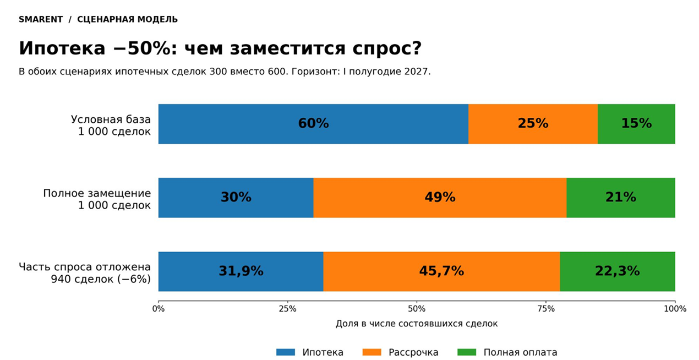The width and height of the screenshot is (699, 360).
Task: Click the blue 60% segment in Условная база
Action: (313, 124)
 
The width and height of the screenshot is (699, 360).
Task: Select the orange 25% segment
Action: (533, 124)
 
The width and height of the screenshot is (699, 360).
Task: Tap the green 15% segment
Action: (637, 124)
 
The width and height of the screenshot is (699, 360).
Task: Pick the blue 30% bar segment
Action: (236, 198)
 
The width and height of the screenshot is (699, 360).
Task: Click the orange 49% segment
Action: (440, 198)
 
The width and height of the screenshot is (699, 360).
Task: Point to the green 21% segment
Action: (621, 198)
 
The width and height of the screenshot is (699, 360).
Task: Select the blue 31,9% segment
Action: (241, 271)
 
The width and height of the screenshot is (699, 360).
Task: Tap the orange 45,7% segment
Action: (441, 271)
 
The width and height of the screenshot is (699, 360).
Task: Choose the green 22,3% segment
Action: (618, 271)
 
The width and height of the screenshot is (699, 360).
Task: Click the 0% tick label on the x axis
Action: (158, 309)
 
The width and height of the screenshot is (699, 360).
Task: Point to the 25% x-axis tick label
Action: (287, 309)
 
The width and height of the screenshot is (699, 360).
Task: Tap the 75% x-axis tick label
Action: (546, 309)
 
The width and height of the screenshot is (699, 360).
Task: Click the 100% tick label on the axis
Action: (675, 309)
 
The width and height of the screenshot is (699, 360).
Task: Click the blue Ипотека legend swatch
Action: (286, 352)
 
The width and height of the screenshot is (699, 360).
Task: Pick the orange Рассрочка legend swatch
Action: (372, 352)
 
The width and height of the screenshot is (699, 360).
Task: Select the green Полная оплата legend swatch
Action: (467, 352)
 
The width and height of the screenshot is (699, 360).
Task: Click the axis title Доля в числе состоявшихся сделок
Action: (417, 324)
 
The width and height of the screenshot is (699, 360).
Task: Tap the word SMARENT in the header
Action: (41, 19)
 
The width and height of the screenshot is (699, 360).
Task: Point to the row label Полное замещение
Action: (97, 193)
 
